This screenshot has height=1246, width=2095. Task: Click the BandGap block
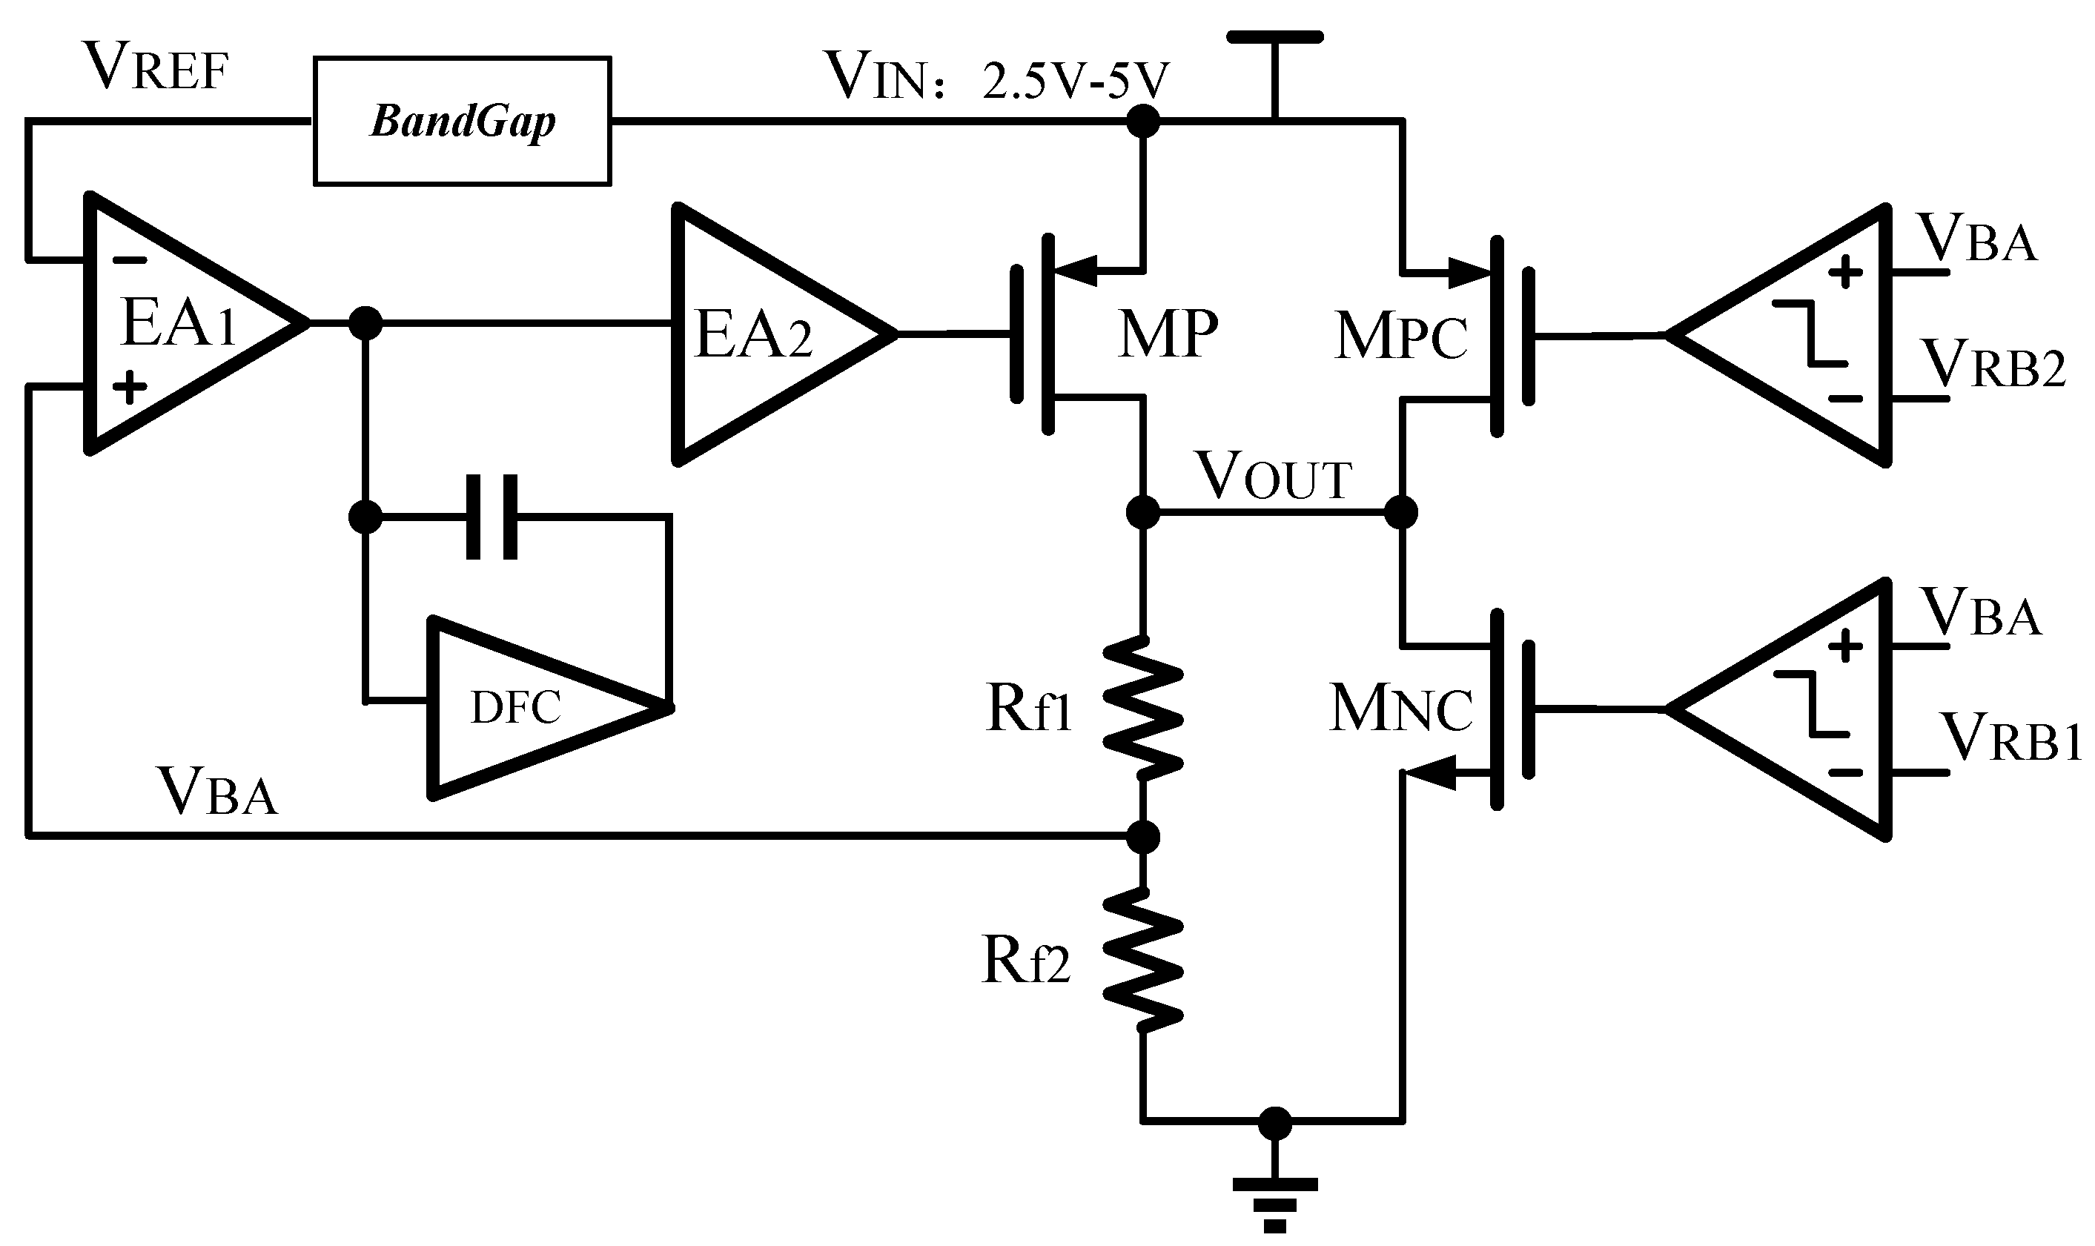point(462,121)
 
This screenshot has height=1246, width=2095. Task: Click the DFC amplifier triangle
point(529,708)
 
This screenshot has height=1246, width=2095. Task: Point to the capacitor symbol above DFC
point(492,517)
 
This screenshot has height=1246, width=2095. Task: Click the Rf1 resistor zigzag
point(1142,707)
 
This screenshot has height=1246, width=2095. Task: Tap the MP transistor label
point(1167,334)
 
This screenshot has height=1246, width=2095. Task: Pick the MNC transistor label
point(1400,709)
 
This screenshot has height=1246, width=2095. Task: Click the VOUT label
point(1274,476)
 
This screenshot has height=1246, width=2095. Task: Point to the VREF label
point(157,69)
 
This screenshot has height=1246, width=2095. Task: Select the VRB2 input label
point(1993,365)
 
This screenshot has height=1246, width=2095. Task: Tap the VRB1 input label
point(2011,738)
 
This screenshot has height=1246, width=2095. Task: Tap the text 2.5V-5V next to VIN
point(1075,81)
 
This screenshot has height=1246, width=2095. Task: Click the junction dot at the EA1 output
point(365,322)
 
